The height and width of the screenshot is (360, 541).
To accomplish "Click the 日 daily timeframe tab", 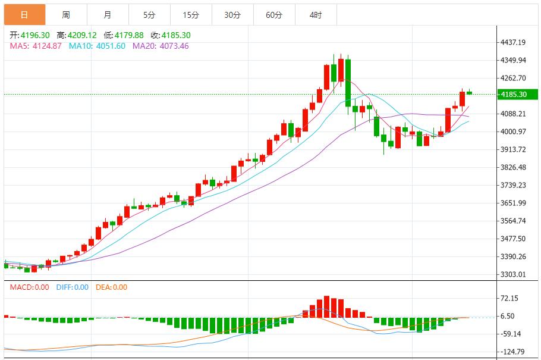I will pyautogui.click(x=24, y=15).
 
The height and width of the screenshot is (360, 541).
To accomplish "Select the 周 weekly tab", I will pyautogui.click(x=66, y=15).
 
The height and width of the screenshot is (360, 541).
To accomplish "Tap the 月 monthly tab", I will pyautogui.click(x=107, y=15).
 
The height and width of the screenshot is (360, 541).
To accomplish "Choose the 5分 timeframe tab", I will pyautogui.click(x=149, y=15).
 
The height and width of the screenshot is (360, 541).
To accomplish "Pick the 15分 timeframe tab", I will pyautogui.click(x=191, y=15).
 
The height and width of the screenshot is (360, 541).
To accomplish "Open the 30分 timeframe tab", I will pyautogui.click(x=232, y=15).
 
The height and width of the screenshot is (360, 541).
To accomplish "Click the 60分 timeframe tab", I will pyautogui.click(x=274, y=15).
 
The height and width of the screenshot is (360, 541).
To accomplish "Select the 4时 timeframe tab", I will pyautogui.click(x=316, y=15).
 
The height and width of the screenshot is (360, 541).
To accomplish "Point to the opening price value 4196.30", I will pyautogui.click(x=35, y=36).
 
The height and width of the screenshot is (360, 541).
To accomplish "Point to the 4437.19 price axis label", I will pyautogui.click(x=514, y=42).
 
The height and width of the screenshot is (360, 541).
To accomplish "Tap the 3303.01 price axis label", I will pyautogui.click(x=514, y=274).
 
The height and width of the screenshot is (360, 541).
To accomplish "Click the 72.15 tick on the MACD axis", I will pyautogui.click(x=509, y=298).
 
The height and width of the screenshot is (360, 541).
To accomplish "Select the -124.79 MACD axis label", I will pyautogui.click(x=511, y=352).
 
